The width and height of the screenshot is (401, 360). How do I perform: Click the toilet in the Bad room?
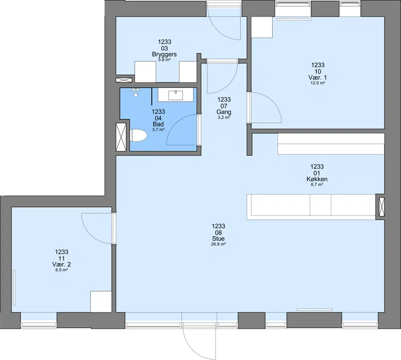[138, 135]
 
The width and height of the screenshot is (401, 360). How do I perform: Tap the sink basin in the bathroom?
[176, 95]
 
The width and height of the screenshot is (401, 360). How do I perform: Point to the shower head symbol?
[136, 92]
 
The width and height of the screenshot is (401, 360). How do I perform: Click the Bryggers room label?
[164, 54]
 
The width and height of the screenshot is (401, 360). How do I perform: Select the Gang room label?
[224, 112]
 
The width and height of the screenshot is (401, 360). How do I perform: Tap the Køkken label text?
[317, 179]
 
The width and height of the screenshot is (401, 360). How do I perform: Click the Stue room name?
[219, 239]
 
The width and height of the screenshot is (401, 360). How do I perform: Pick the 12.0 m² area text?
[318, 83]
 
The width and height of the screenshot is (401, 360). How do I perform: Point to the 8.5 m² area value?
[61, 270]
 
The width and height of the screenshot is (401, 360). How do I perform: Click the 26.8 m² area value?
[219, 244]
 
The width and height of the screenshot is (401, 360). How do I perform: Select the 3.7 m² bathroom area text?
[158, 129]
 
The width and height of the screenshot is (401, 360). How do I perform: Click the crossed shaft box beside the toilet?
[121, 137]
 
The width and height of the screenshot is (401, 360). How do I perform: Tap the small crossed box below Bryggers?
[124, 80]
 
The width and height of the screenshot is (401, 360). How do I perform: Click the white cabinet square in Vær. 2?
[101, 301]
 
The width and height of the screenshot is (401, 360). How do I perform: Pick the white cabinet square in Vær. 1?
[262, 28]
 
